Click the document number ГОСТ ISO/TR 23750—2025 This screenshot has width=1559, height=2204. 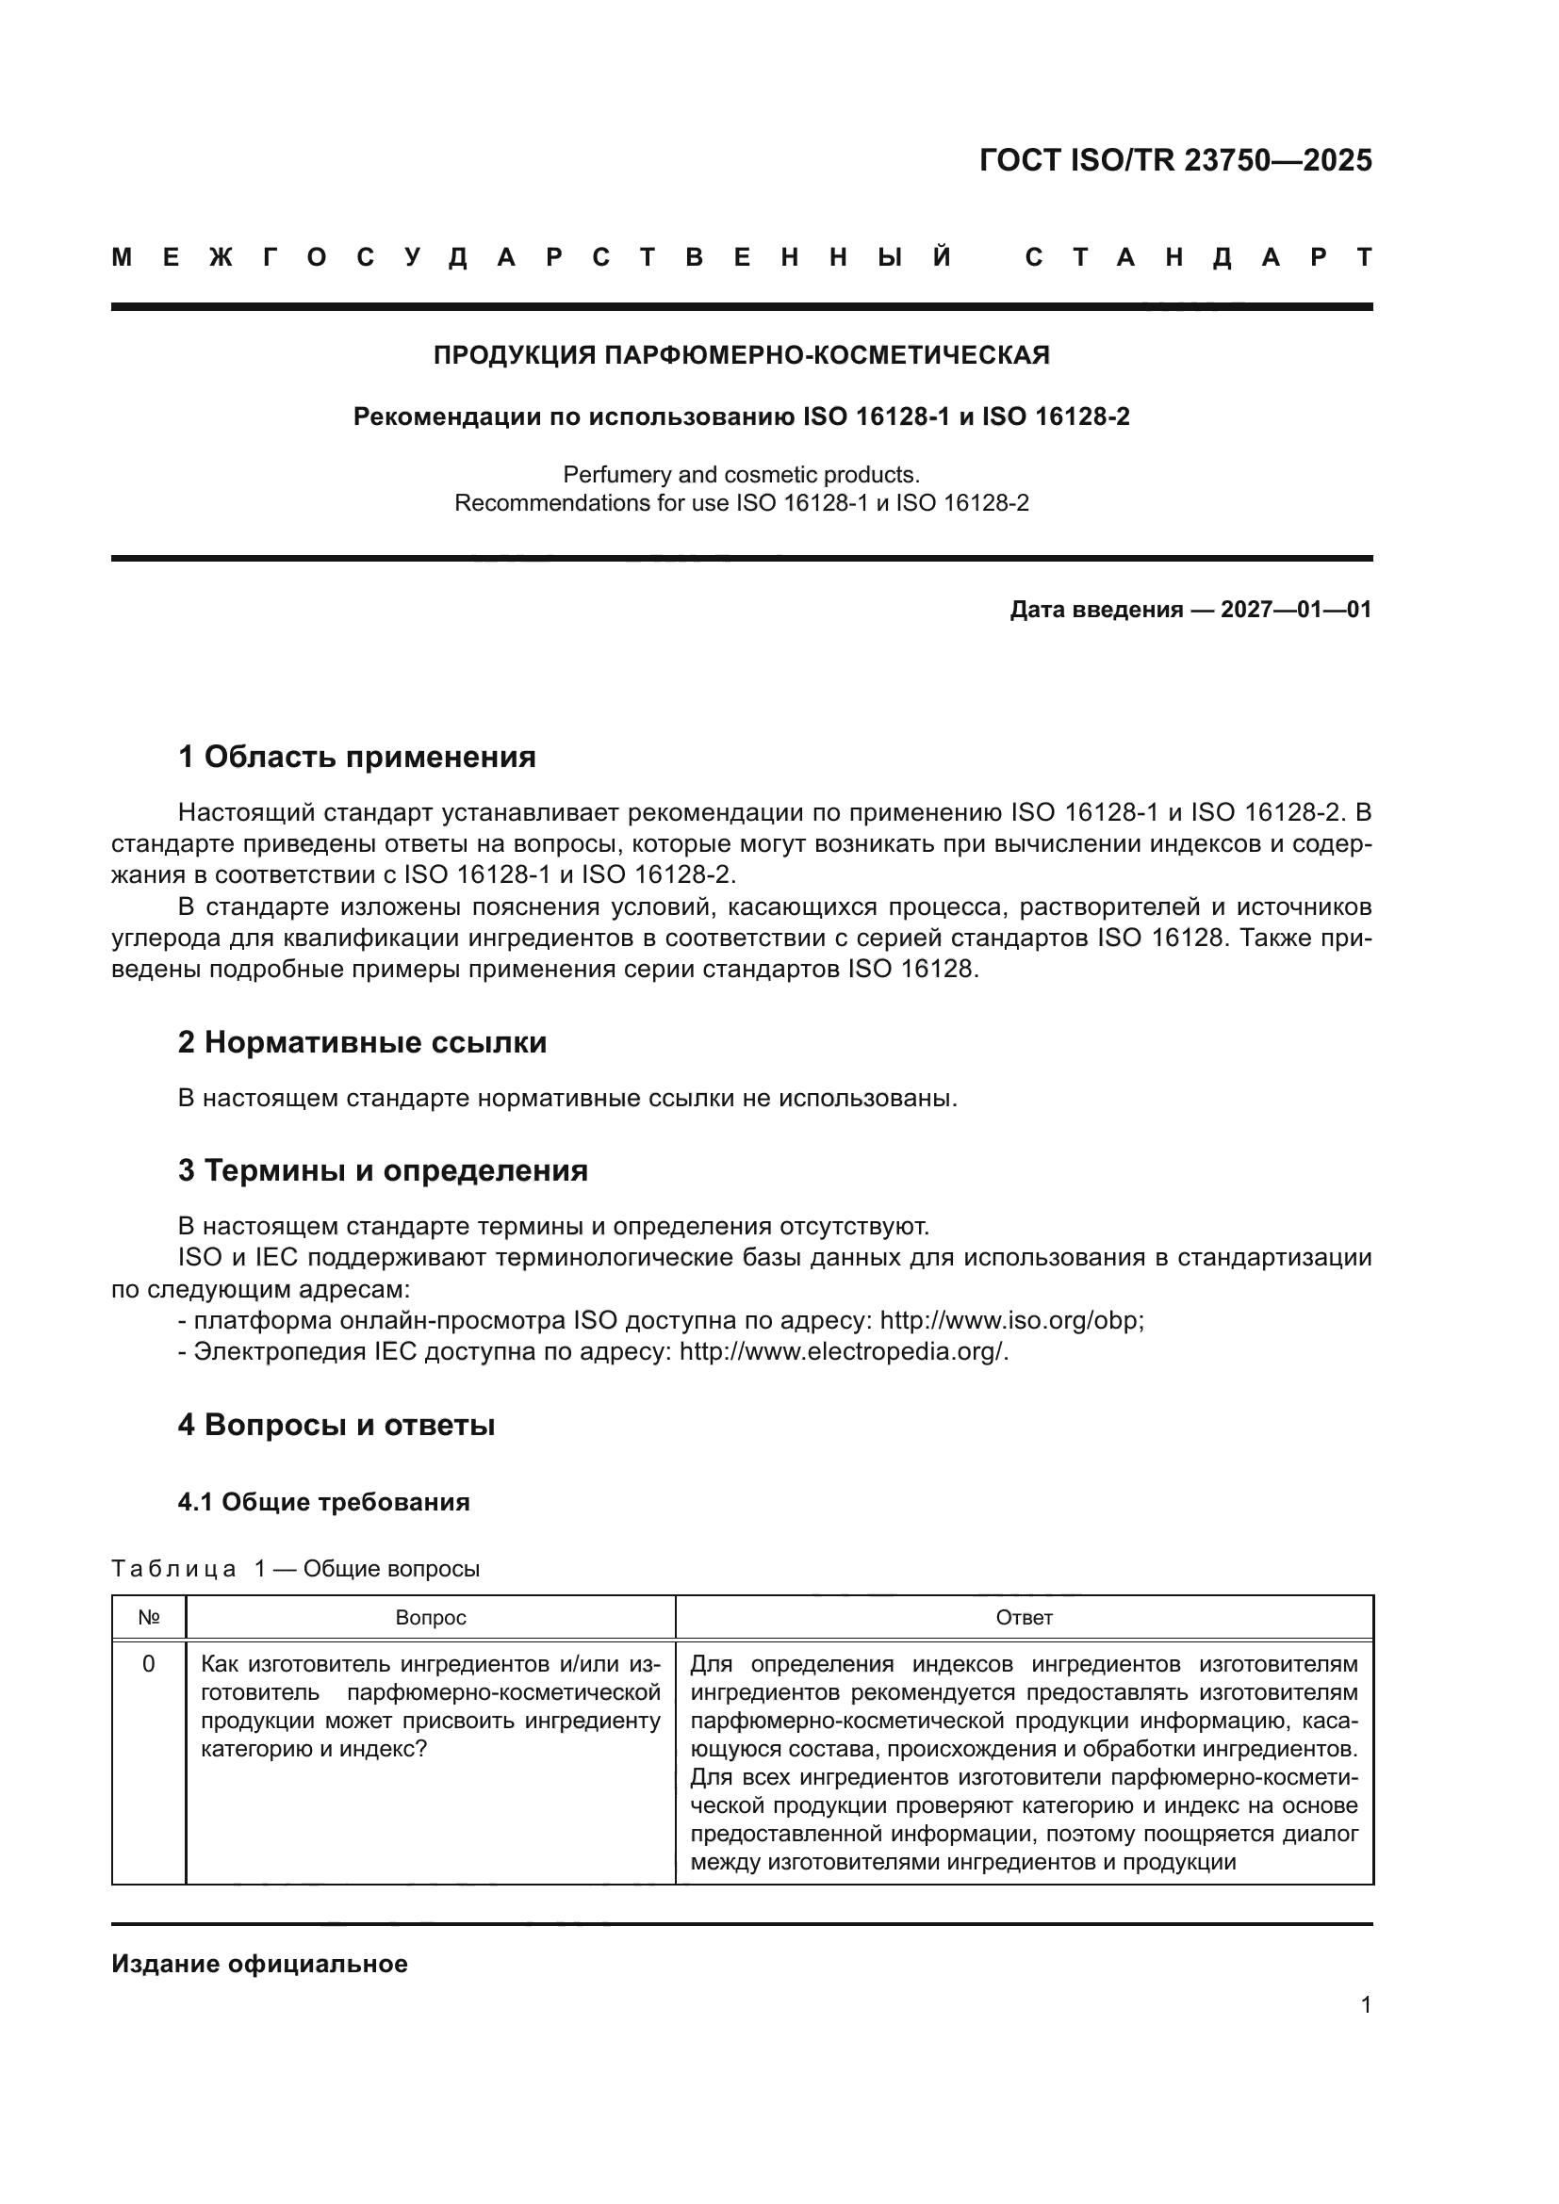(x=1175, y=160)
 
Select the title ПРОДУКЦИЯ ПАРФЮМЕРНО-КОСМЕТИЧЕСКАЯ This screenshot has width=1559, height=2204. (x=741, y=356)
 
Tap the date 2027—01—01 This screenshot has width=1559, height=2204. (x=1295, y=610)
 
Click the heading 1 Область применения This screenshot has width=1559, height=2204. (x=356, y=758)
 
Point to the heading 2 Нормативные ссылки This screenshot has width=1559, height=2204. (x=362, y=1042)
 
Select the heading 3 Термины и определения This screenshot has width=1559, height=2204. (x=382, y=1171)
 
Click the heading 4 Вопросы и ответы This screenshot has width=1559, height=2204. (x=336, y=1426)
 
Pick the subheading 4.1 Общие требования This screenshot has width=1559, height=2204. (x=323, y=1502)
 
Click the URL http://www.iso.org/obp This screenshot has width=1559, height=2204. (x=1010, y=1321)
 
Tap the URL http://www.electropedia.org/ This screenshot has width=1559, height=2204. (x=843, y=1351)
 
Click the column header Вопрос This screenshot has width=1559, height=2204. (x=430, y=1618)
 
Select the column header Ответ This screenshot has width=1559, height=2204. (x=1024, y=1618)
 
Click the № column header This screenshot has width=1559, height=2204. (x=149, y=1618)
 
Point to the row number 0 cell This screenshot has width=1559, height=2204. (x=149, y=1663)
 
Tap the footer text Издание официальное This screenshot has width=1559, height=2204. (x=259, y=1964)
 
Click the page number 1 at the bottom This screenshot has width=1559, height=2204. (x=1365, y=2004)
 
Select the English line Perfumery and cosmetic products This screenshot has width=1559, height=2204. (x=741, y=474)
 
